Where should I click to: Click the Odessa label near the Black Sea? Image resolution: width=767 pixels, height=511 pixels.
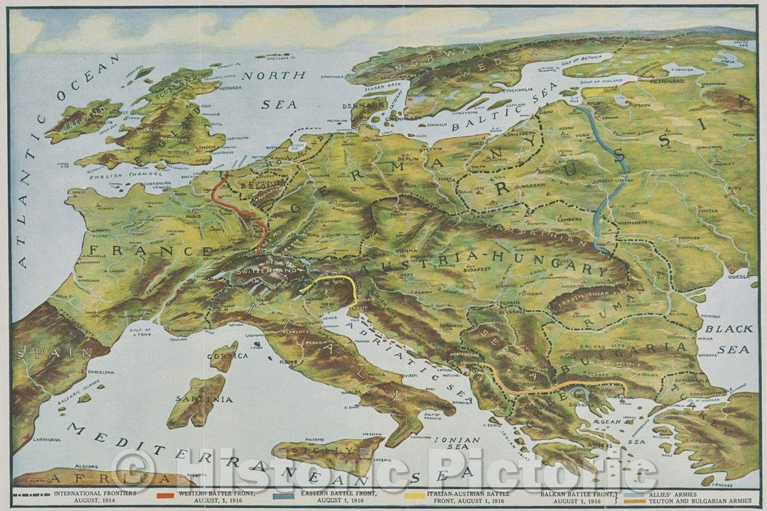(x=739, y=277)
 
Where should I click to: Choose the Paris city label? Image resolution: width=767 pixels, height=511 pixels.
(x=190, y=216)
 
